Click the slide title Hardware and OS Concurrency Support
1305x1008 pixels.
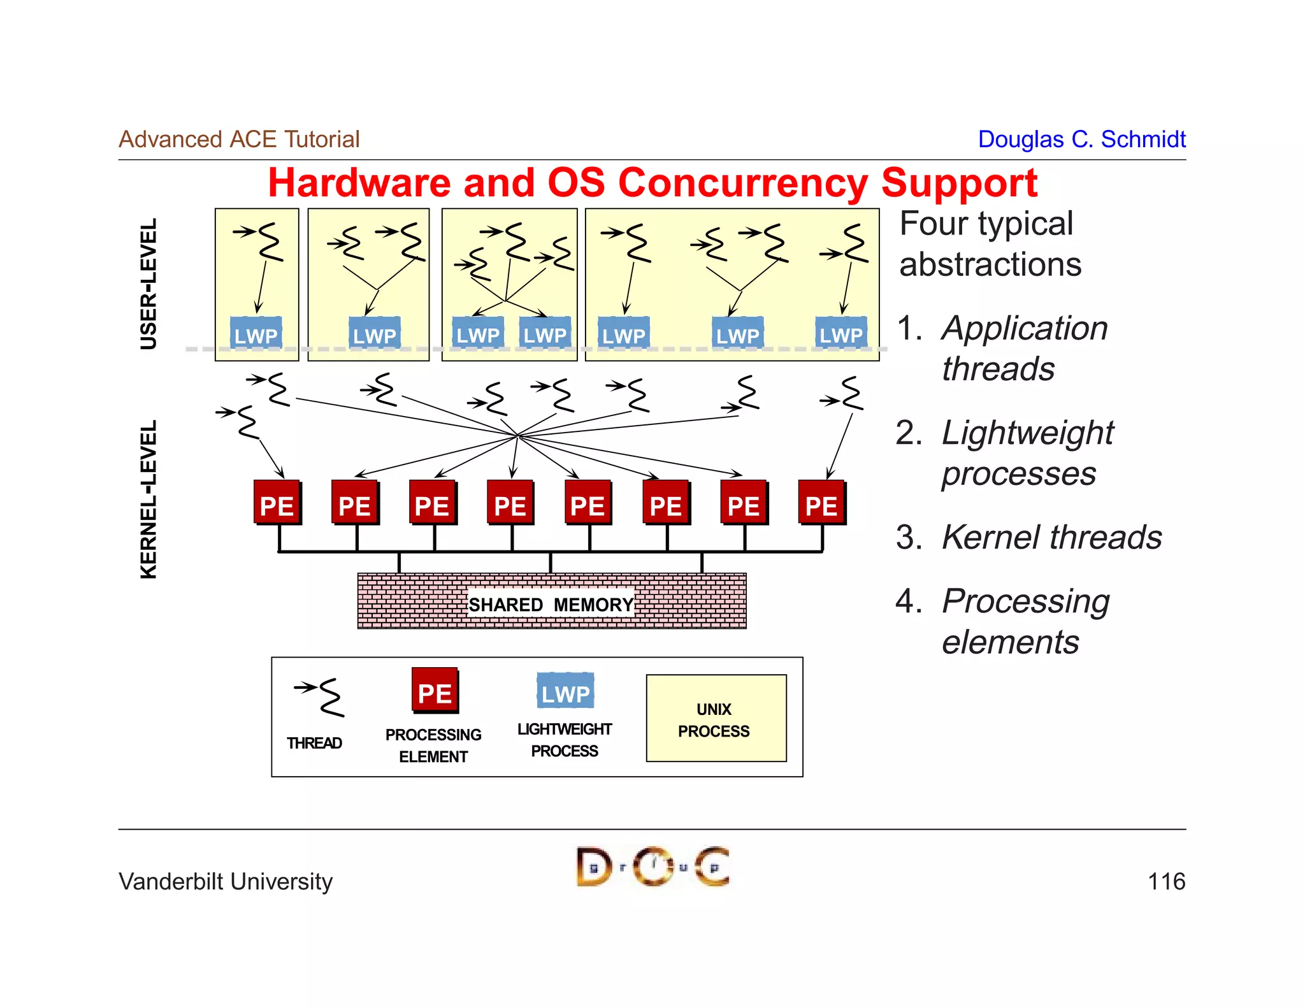[652, 184]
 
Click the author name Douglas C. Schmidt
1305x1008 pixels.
[1081, 139]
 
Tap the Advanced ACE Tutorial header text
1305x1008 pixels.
[239, 139]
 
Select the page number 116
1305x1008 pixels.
[1165, 881]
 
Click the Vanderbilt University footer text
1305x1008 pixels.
[226, 881]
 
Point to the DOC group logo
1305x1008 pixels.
[652, 867]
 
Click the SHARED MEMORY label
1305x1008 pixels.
[551, 604]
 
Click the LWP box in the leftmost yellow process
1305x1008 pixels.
[256, 333]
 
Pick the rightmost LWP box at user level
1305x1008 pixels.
[841, 333]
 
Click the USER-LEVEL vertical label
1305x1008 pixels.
[148, 284]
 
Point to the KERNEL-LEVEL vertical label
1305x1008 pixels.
[148, 499]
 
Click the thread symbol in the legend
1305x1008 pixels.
[322, 696]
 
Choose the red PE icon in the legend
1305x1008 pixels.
[435, 691]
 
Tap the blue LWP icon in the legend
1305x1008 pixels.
[565, 692]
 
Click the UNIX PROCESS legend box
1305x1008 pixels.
[716, 719]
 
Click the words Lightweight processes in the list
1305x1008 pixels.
[1027, 453]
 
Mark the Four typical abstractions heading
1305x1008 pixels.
[990, 244]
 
